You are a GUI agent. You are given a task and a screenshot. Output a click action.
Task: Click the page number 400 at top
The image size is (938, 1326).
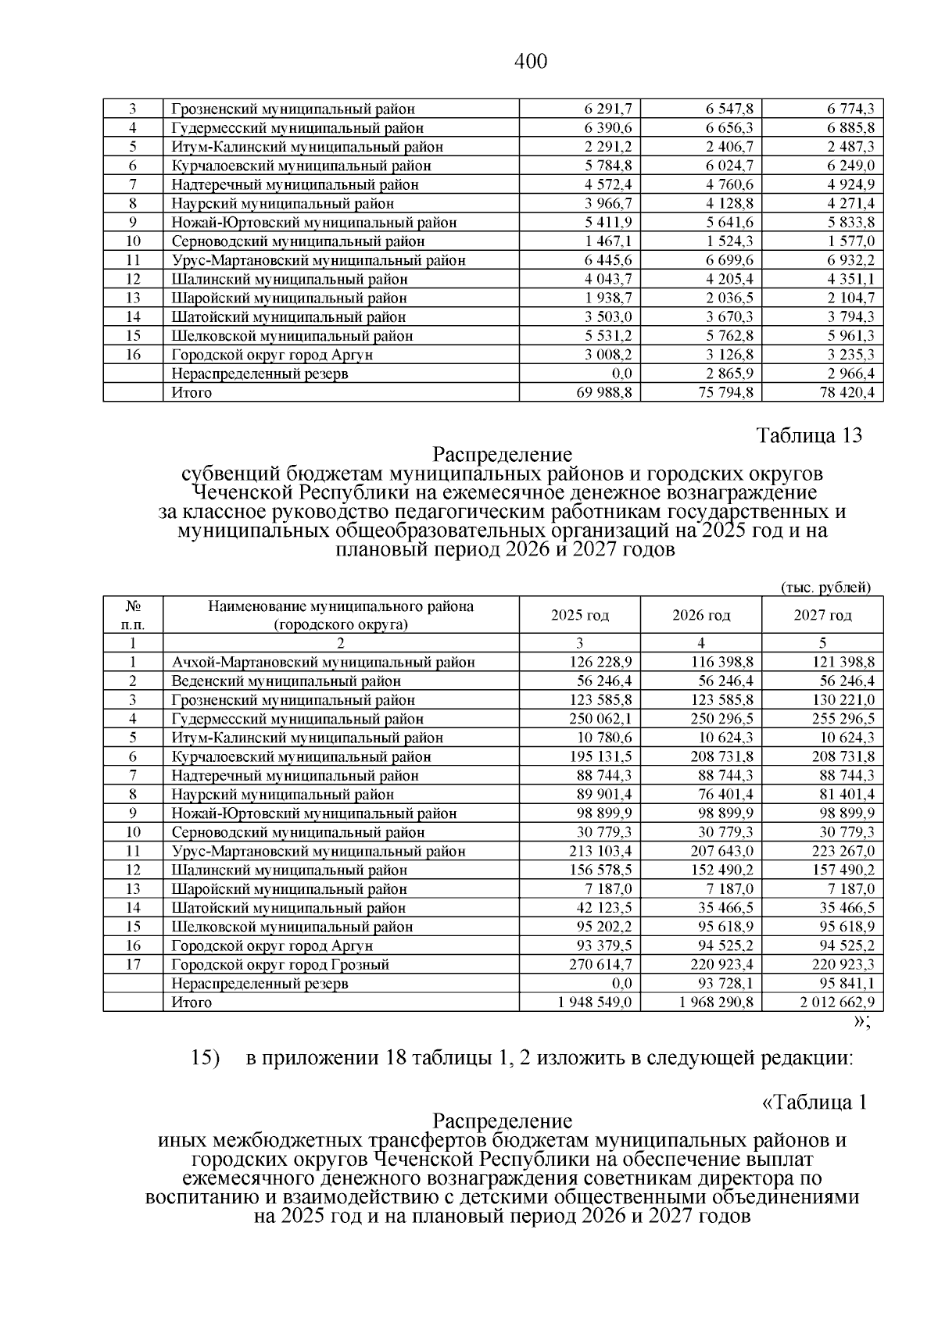[x=532, y=61]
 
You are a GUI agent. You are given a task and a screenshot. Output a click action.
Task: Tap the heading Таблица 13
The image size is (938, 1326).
[x=809, y=436]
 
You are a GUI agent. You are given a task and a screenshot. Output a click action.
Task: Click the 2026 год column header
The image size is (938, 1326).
[x=701, y=616]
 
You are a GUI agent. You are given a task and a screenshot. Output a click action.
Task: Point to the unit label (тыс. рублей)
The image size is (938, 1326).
[x=825, y=588]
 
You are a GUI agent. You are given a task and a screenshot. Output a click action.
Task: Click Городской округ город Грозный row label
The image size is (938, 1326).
[x=281, y=965]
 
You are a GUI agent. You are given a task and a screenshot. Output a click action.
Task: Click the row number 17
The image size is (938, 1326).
[x=133, y=965]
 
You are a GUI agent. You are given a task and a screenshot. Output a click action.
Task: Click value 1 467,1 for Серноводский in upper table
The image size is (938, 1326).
[x=607, y=241]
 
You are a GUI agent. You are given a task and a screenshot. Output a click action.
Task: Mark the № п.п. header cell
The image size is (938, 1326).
[x=133, y=616]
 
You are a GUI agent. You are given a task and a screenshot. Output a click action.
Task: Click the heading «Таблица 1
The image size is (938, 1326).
[x=814, y=1103]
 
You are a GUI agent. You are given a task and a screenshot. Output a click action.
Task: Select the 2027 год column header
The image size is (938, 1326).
[x=822, y=616]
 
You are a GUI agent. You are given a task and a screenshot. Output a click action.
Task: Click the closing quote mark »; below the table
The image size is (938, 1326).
[x=862, y=1023]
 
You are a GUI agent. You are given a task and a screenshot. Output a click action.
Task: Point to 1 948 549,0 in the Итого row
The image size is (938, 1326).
[x=595, y=1003]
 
